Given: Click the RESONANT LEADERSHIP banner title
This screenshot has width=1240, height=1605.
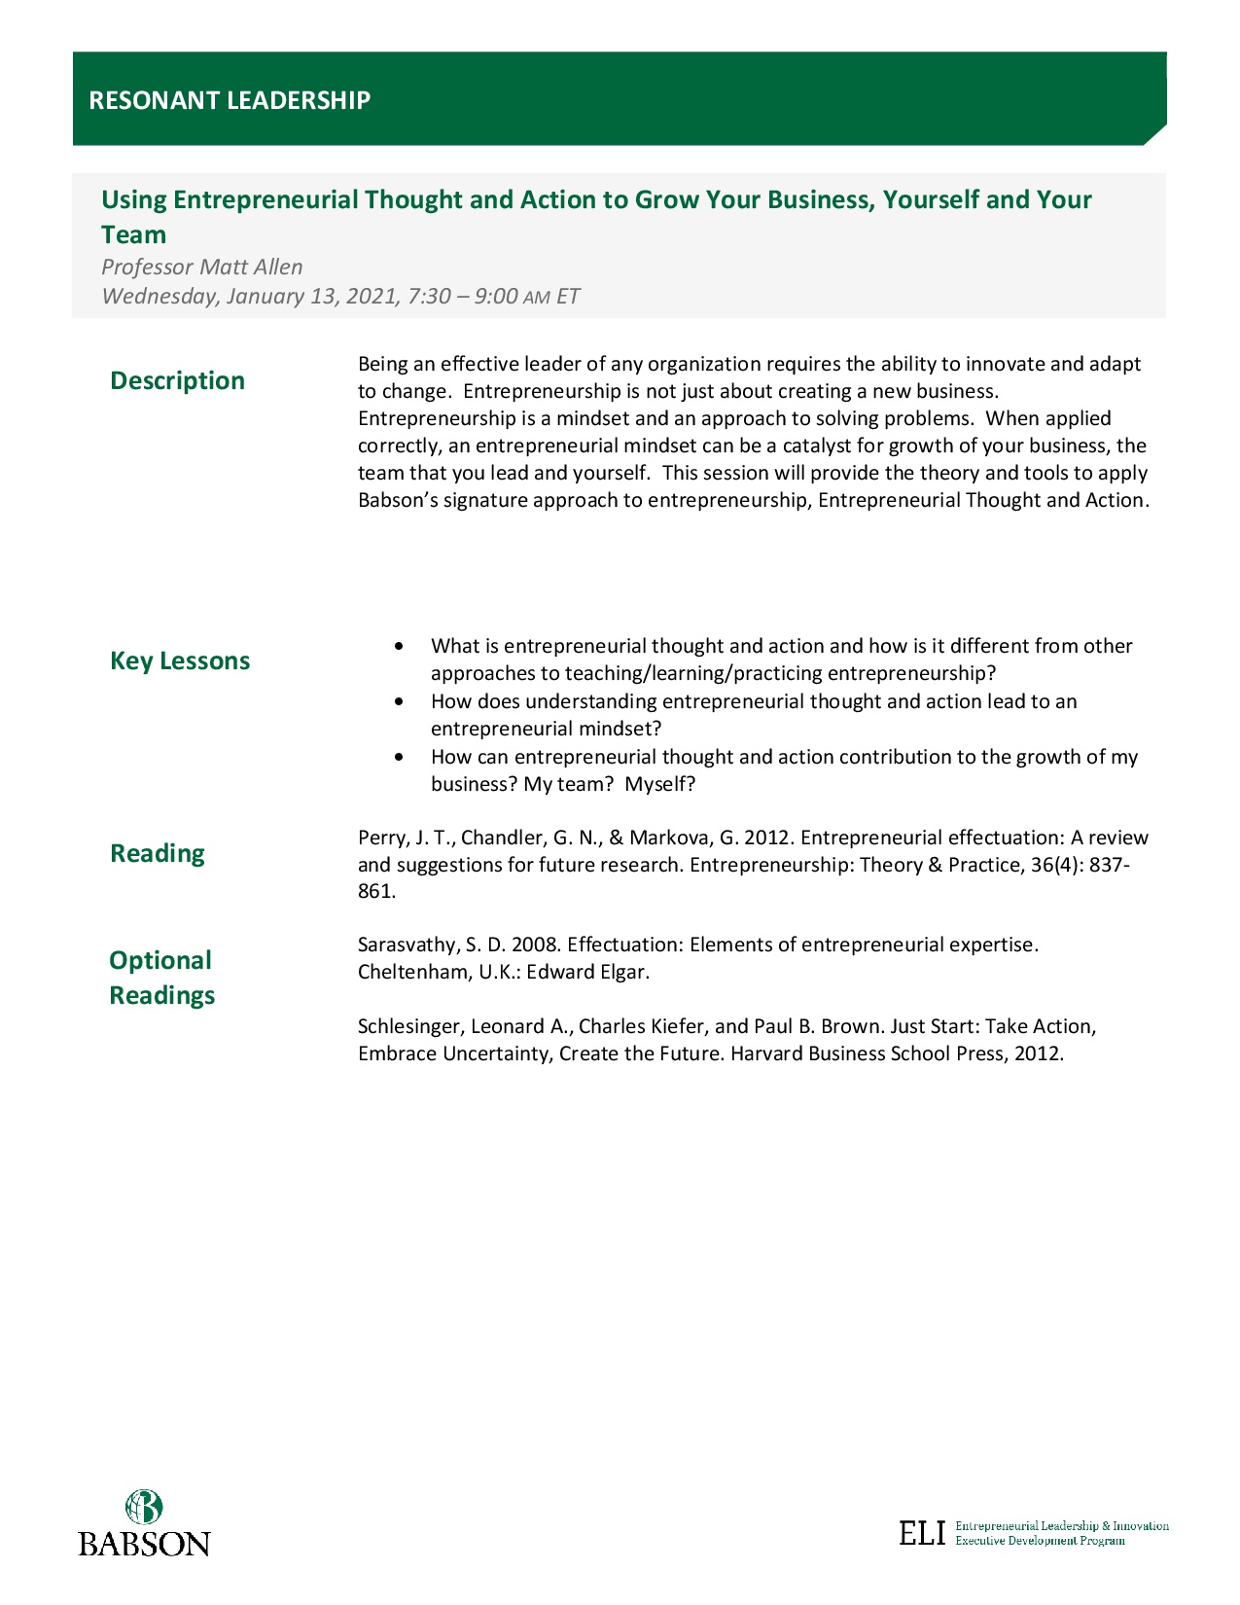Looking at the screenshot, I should click(x=230, y=100).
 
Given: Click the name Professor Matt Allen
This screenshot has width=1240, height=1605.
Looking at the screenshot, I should click(x=202, y=267).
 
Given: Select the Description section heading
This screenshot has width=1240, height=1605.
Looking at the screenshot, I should click(x=177, y=380).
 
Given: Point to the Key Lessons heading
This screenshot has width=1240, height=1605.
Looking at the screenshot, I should click(x=180, y=660).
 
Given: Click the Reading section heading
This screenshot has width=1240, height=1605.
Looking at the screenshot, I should click(x=158, y=853).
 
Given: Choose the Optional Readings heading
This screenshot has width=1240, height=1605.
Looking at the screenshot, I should click(x=161, y=978).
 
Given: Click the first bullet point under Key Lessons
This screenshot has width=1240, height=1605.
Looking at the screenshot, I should click(x=399, y=646).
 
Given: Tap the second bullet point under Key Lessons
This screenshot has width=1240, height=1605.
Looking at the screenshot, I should click(x=399, y=701).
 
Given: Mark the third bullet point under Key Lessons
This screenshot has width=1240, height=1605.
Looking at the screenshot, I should click(x=399, y=757).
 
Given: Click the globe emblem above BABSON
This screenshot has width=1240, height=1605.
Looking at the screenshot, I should click(x=144, y=1507).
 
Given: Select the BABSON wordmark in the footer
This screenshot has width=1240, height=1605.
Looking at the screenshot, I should click(x=144, y=1544).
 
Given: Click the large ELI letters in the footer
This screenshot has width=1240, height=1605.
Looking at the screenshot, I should click(x=922, y=1533).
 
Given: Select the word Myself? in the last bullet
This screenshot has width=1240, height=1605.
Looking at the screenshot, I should click(x=660, y=784).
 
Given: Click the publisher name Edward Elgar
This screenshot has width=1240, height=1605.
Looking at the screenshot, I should click(x=587, y=972).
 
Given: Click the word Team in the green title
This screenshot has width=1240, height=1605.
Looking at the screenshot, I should click(x=134, y=234).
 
